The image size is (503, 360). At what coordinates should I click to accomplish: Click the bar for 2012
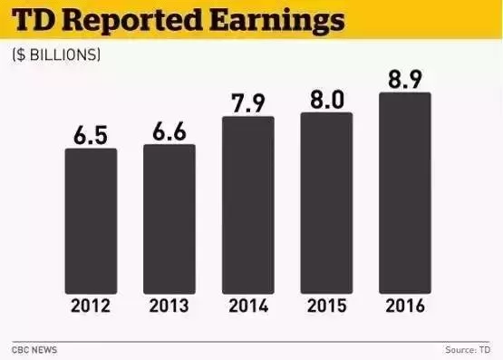coord(92,221)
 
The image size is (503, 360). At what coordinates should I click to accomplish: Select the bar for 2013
coord(169,219)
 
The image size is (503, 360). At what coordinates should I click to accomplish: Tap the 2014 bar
coord(248,205)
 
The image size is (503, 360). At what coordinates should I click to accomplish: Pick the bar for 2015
coord(326,203)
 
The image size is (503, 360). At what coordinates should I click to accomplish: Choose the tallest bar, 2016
coord(405,193)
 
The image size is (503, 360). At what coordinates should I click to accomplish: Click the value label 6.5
coord(91,135)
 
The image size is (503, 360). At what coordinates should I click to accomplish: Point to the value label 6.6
coord(169,131)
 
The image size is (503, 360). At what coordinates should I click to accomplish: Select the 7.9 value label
coord(248,103)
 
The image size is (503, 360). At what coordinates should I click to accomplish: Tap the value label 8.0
coord(327,100)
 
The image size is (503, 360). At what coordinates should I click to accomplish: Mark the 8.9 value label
coord(405,79)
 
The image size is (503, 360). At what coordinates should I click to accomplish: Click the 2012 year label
coord(91,306)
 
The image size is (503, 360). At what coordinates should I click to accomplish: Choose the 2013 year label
coord(169,306)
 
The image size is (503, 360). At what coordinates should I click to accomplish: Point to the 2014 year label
coord(248,306)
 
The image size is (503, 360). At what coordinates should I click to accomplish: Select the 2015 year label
coord(327,306)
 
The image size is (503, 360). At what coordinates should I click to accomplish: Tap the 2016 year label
coord(405,306)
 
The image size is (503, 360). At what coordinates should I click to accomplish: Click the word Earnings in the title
coord(277,22)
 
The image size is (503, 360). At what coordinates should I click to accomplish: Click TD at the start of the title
coord(33,20)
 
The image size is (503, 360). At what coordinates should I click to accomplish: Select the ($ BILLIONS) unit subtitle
coord(56,55)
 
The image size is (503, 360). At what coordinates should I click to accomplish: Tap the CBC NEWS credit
coord(34,350)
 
